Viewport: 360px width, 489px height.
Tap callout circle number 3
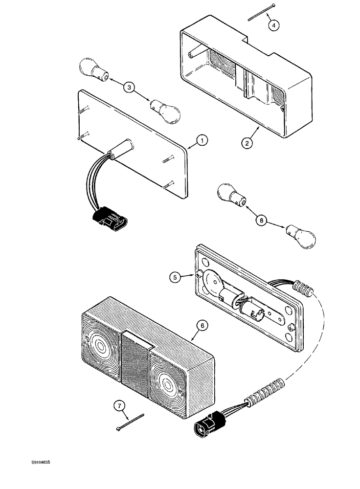[x=129, y=88]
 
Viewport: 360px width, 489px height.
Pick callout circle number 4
[x=274, y=26]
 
